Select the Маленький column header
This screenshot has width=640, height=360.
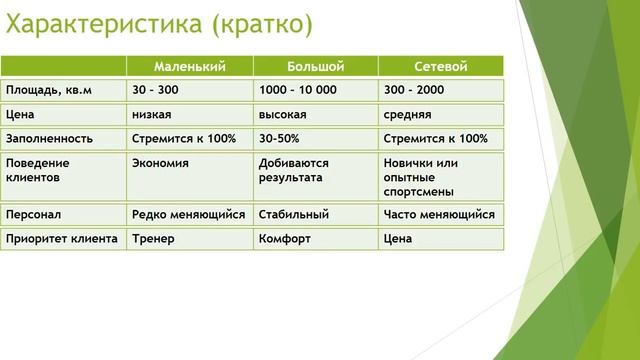point(189,66)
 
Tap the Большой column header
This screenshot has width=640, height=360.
point(315,66)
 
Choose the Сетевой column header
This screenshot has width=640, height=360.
point(441,66)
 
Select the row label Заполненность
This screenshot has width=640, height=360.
point(49,139)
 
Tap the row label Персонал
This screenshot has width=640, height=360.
point(32,214)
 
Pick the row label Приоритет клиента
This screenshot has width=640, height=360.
point(62,239)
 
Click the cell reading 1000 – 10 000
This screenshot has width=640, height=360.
point(299,90)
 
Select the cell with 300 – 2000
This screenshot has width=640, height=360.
point(414,90)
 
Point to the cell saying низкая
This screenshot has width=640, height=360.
point(152,115)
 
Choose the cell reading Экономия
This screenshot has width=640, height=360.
point(161,162)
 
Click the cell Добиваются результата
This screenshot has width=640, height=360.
point(291,169)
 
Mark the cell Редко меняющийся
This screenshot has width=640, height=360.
point(188,214)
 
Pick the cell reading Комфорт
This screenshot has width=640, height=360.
point(285,239)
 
